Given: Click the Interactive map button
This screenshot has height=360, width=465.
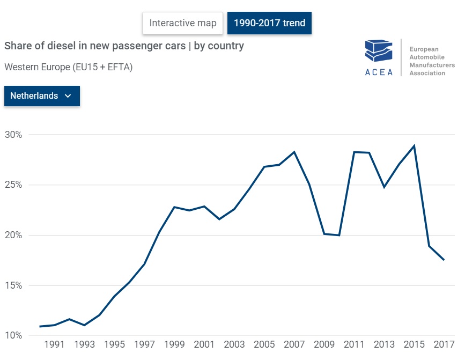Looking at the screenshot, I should coord(183,23).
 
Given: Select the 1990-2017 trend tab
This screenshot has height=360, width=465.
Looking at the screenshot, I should coord(269,23).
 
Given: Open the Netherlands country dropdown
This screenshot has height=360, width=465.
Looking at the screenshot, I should coord(42,96).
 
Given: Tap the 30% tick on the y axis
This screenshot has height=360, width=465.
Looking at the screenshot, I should coord(13,135).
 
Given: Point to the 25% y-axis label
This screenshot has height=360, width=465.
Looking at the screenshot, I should coord(13,185).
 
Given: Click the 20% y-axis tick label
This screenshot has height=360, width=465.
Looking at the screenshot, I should coord(13,236).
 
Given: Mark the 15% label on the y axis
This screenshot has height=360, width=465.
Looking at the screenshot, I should coord(13,285).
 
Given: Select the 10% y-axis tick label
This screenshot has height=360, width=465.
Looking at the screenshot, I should coord(13,336).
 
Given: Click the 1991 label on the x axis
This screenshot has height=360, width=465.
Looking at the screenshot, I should coord(54,344).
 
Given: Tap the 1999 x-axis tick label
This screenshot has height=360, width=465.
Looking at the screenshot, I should coord(174,344).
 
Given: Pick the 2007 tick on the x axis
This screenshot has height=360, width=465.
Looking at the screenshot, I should coord(294,344).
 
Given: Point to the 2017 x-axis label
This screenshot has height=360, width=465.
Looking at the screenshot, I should coord(444,344).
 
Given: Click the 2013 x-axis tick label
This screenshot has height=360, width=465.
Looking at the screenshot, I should coord(384,344).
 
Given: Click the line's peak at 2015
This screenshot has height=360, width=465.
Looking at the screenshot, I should coord(414,146).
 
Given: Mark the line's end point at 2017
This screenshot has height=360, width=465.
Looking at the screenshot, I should coord(444,260).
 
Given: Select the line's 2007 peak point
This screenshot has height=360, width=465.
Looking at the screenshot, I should coord(294,152).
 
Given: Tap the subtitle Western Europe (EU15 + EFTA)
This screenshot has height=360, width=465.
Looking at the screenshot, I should coord(68,68).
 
